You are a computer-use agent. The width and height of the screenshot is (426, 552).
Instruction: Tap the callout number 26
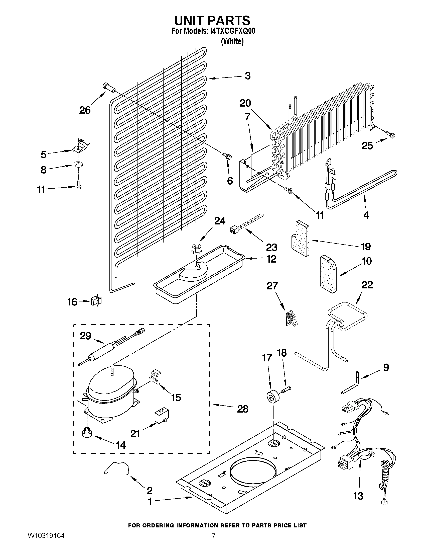click(85, 110)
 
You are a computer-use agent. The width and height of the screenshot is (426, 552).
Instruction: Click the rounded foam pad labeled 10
click(328, 274)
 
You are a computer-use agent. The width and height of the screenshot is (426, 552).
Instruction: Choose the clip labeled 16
click(96, 301)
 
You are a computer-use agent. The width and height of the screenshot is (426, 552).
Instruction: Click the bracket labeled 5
click(81, 147)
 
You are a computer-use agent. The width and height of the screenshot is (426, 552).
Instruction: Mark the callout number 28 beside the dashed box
click(242, 409)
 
